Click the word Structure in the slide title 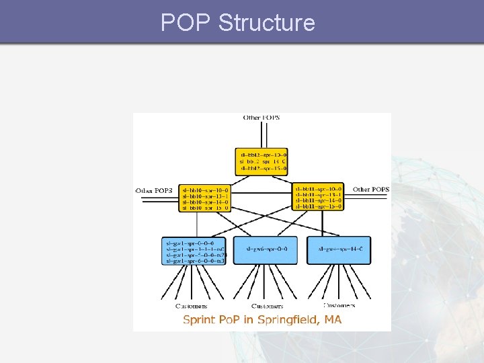point(267,23)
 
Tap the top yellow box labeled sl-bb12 point(261,162)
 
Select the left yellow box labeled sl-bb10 point(205,198)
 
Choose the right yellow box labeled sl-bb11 point(319,197)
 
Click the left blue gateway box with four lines point(195,250)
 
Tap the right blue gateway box point(339,249)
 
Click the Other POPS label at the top point(261,118)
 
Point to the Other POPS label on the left point(154,190)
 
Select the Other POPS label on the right point(370,190)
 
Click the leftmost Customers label point(191,306)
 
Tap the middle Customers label point(266,306)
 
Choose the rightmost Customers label point(339,306)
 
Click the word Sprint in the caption point(200,319)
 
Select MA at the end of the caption point(333,319)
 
